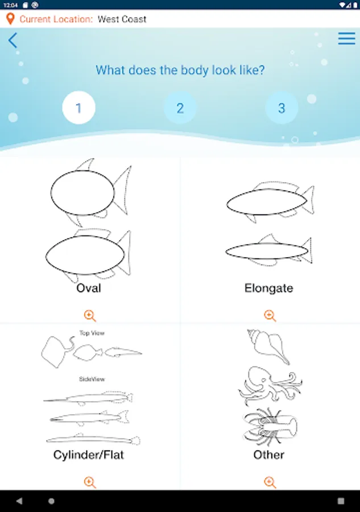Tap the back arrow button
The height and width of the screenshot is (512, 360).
click(13, 40)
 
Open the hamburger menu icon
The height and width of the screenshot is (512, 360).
click(346, 38)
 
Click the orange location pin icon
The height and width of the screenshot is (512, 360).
click(10, 19)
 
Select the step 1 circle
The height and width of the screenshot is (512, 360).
click(78, 108)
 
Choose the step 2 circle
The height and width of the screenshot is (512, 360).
click(180, 108)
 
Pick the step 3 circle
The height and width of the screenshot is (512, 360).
click(282, 108)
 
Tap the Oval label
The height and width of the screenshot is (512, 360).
click(89, 288)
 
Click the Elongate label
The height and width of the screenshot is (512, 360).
click(268, 288)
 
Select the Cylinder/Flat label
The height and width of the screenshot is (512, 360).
click(89, 455)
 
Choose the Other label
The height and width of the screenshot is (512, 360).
click(268, 455)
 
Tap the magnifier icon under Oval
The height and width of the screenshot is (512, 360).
click(90, 315)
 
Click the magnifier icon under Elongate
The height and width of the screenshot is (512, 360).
click(270, 315)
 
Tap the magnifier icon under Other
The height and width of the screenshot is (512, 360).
click(270, 482)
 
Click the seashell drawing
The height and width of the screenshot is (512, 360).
click(268, 346)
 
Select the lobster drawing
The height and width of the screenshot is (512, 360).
click(270, 427)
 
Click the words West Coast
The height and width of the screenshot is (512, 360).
click(122, 19)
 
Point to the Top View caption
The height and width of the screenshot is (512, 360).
click(92, 333)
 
